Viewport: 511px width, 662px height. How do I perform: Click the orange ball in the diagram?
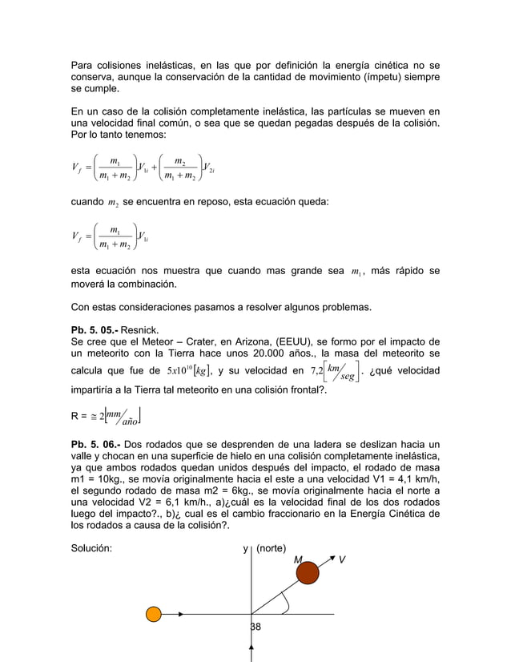pyautogui.click(x=153, y=615)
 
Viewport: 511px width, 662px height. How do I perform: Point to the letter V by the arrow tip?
pyautogui.click(x=342, y=559)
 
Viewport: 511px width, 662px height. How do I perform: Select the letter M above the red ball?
pyautogui.click(x=297, y=559)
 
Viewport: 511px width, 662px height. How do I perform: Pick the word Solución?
pyautogui.click(x=91, y=549)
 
